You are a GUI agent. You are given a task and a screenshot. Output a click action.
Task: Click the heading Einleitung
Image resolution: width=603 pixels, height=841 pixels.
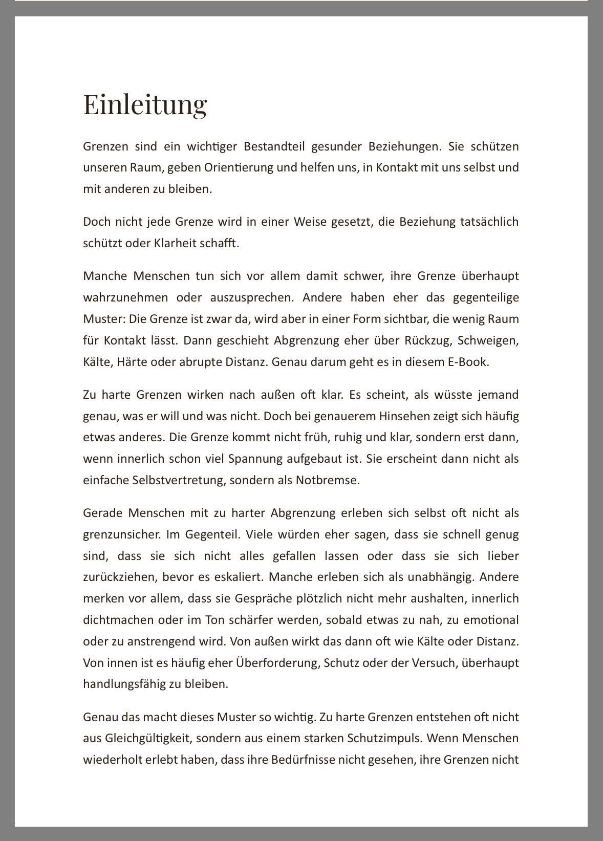(145, 104)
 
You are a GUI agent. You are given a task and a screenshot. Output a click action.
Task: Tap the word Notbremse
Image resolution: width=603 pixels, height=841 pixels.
(328, 481)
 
